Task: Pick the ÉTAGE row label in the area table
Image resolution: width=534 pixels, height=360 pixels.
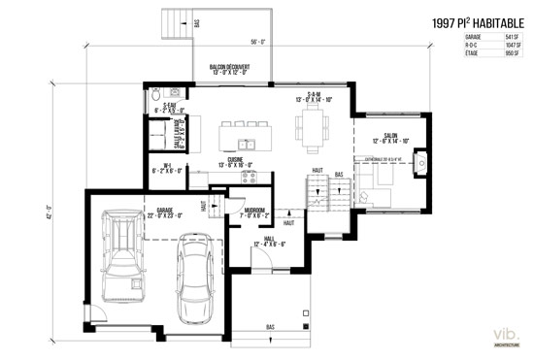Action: click(x=446, y=54)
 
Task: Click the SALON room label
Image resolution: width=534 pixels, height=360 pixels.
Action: click(x=391, y=136)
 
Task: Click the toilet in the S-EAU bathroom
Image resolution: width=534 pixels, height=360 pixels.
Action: click(x=157, y=96)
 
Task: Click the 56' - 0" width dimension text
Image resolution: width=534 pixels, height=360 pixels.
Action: click(x=257, y=43)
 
